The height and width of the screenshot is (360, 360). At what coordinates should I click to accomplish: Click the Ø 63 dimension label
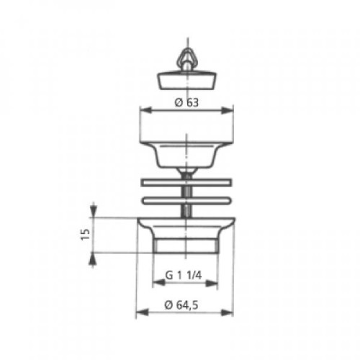click(x=187, y=103)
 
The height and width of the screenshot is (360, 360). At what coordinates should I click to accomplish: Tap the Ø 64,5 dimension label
click(x=181, y=305)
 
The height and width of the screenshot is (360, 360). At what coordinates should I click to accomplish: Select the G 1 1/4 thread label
click(x=184, y=275)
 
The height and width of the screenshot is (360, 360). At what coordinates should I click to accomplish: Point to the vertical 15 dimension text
click(x=85, y=235)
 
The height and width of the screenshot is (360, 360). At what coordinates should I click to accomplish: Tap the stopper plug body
click(x=186, y=79)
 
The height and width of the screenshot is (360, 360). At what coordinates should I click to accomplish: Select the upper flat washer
click(x=186, y=182)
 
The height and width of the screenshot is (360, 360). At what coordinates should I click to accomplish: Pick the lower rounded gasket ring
click(x=186, y=201)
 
